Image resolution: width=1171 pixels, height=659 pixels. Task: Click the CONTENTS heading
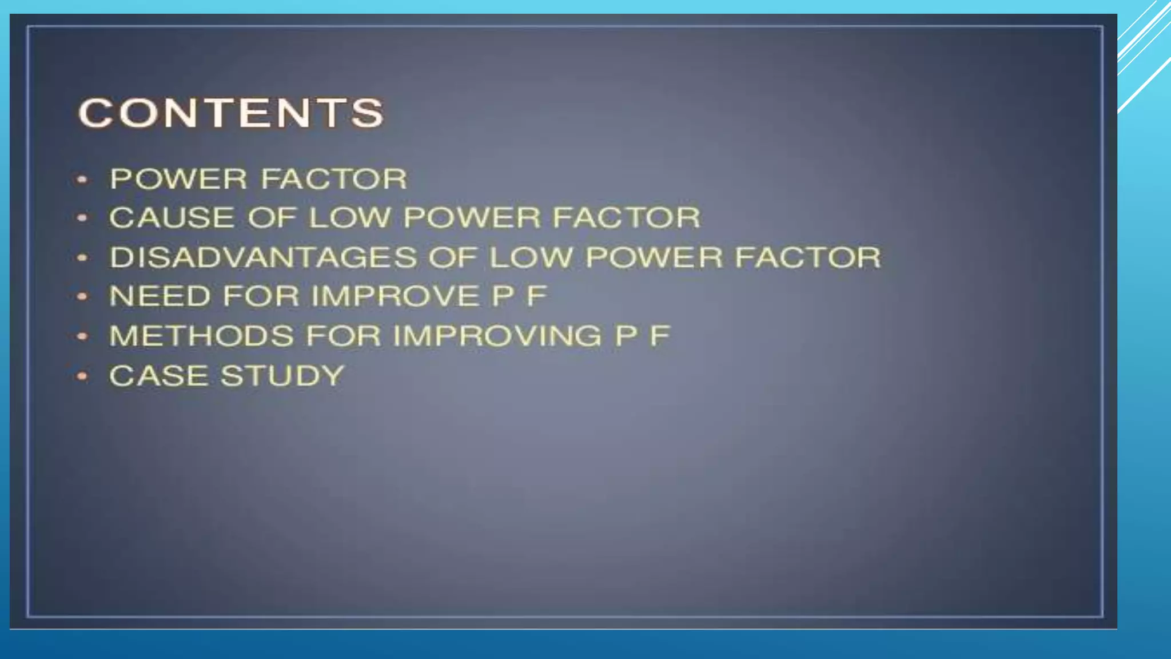tap(230, 113)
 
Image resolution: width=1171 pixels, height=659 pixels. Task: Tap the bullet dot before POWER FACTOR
tap(82, 180)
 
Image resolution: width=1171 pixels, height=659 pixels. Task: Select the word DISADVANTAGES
tap(263, 257)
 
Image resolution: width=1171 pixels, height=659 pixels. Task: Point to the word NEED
tap(160, 296)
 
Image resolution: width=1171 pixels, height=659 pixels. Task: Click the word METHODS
tap(201, 336)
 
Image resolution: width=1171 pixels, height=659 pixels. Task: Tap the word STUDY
tap(282, 376)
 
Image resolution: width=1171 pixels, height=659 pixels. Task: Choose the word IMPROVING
tap(497, 336)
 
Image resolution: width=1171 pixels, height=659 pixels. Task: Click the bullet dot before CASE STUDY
tap(82, 376)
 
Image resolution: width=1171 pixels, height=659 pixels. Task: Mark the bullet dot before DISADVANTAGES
tap(82, 258)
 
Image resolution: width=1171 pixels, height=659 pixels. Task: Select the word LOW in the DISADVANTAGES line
tap(531, 257)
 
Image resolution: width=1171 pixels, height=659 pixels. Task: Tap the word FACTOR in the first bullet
tap(334, 179)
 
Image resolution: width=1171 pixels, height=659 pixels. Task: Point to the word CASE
tap(158, 376)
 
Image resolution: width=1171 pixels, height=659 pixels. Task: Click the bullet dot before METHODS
tap(82, 336)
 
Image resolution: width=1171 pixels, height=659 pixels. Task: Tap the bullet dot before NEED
tap(82, 297)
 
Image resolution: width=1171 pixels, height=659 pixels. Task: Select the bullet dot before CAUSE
tap(82, 218)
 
